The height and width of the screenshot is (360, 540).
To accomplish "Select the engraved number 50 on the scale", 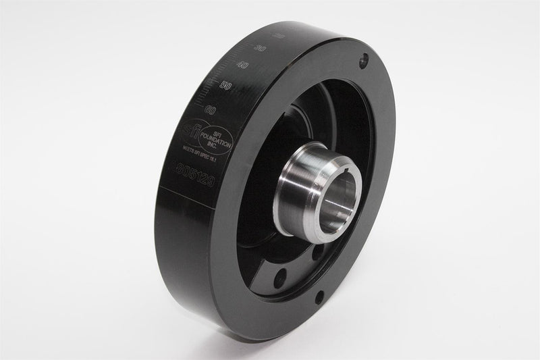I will [227, 86].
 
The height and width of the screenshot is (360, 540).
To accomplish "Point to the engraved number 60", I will [211, 108].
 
